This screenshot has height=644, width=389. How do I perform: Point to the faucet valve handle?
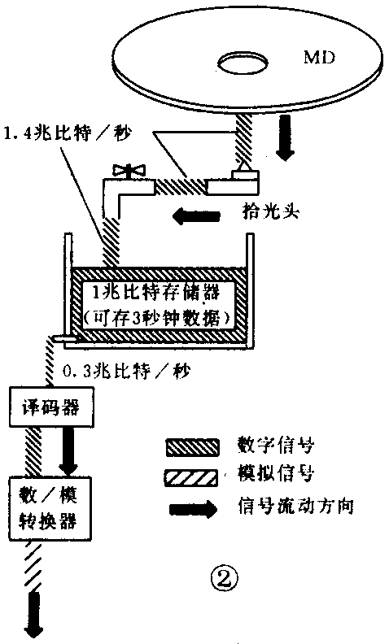pos(129,172)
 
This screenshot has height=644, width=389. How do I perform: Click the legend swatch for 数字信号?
pos(194,445)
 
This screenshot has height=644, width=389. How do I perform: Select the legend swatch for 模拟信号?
pos(194,475)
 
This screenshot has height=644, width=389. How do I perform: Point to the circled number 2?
pos(225,577)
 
